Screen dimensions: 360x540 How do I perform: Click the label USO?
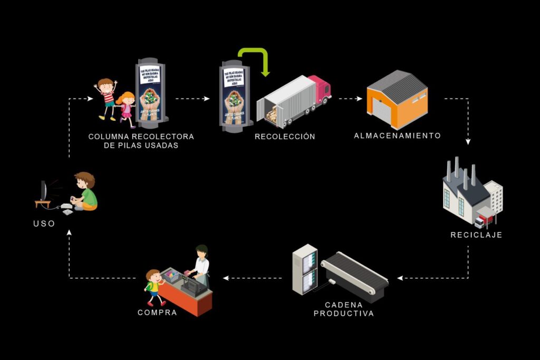click(x=44, y=223)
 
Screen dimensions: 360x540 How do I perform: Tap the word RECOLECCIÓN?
click(x=285, y=137)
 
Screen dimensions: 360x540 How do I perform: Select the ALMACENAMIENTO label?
click(x=397, y=135)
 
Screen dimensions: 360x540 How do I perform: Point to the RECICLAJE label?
click(x=476, y=235)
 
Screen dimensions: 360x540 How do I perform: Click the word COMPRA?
click(x=157, y=313)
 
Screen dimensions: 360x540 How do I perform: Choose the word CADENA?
click(x=344, y=305)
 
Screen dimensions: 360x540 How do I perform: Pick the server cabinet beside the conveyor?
click(x=305, y=269)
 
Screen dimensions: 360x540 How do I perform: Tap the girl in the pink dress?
click(x=127, y=109)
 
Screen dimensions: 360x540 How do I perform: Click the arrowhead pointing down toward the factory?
click(x=468, y=142)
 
